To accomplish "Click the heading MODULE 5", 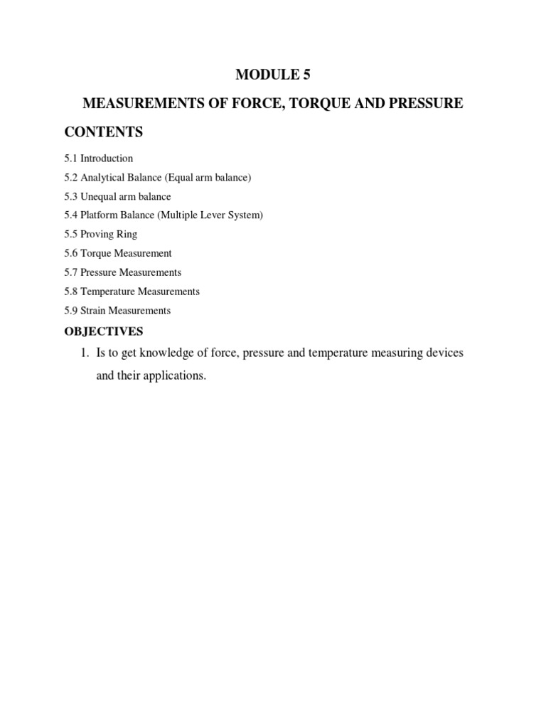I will coord(273,74).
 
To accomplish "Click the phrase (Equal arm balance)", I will coord(208,177).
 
